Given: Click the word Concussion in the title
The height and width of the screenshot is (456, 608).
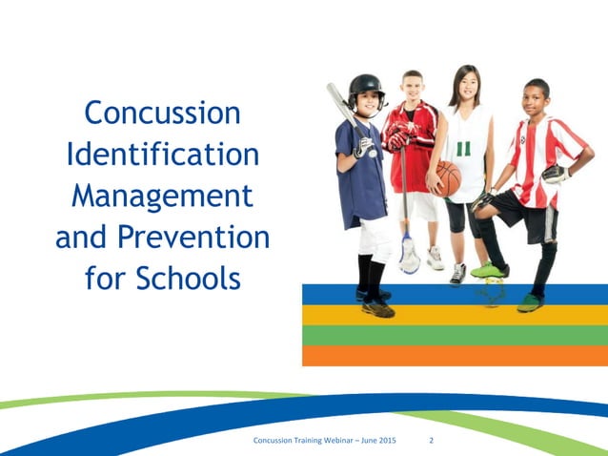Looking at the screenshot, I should point(162,113).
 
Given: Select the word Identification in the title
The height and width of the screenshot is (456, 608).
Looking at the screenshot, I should point(162,154).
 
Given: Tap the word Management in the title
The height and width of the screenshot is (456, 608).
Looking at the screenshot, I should point(162,195).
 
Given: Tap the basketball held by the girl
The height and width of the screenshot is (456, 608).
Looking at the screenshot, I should point(447,177).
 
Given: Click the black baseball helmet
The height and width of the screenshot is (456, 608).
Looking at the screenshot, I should point(364,89).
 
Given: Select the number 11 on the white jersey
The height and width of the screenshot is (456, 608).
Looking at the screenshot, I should point(464,150).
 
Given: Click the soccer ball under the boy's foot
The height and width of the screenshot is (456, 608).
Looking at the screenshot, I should point(492,291).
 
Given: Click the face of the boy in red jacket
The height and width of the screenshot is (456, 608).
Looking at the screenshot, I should point(412,87).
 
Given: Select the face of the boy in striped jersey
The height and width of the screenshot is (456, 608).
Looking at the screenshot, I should point(534,99).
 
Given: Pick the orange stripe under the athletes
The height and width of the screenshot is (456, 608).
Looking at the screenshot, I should point(455,355).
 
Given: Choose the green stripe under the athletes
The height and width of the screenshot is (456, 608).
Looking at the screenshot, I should point(455,335).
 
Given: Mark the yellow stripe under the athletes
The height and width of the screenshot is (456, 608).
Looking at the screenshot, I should point(455,314).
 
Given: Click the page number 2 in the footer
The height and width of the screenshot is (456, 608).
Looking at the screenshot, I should point(432,441).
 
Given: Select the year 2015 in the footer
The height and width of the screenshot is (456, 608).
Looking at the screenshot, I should point(409,441).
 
